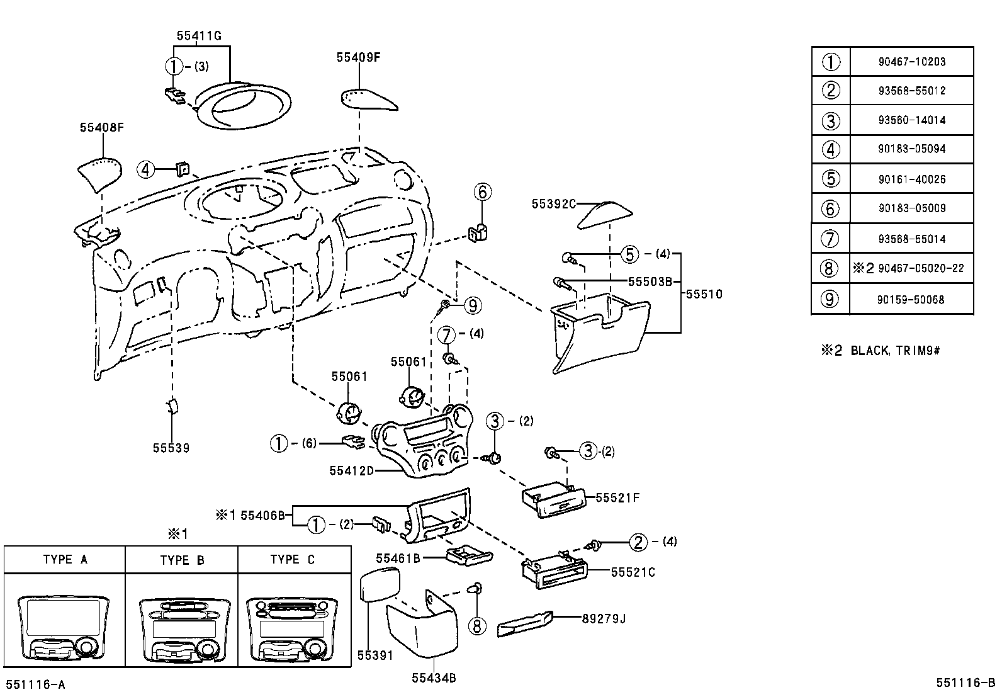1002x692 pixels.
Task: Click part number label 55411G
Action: click(x=199, y=36)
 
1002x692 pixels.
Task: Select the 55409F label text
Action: click(x=359, y=57)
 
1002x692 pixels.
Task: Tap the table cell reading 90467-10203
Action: click(x=911, y=62)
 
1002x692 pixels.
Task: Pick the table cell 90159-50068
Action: click(x=911, y=300)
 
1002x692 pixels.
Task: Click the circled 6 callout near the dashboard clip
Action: click(x=482, y=192)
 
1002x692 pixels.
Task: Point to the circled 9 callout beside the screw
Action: click(x=472, y=306)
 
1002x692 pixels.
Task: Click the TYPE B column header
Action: click(x=182, y=560)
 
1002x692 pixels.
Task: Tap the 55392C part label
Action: click(x=554, y=204)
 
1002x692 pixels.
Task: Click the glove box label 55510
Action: click(x=704, y=294)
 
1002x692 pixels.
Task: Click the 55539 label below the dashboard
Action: click(x=171, y=448)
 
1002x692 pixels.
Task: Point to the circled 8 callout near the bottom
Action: click(x=478, y=625)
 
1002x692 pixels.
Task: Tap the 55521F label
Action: click(x=617, y=498)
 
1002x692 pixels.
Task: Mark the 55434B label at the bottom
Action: click(x=434, y=678)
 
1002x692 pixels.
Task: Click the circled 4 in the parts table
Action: click(x=831, y=149)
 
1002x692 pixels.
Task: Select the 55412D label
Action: click(x=351, y=470)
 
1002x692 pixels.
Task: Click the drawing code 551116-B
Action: click(x=965, y=683)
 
